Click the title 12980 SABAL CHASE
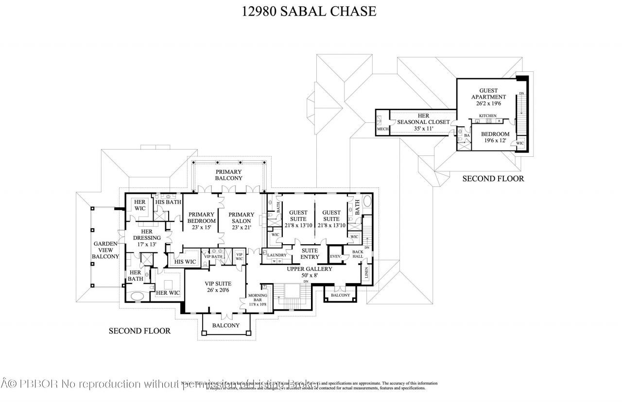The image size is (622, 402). click(309, 11)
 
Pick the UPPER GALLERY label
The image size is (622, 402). click(309, 272)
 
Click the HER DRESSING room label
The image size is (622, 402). click(147, 238)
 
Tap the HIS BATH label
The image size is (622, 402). click(168, 202)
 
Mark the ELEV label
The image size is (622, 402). click(335, 256)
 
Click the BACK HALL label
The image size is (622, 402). click(358, 254)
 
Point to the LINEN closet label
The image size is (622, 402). click(366, 273)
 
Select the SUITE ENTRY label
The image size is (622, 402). click(310, 253)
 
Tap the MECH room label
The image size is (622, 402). click(382, 129)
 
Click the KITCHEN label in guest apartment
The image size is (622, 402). click(487, 116)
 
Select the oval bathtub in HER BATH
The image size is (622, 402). click(138, 296)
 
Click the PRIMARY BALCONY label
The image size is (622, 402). click(228, 176)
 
